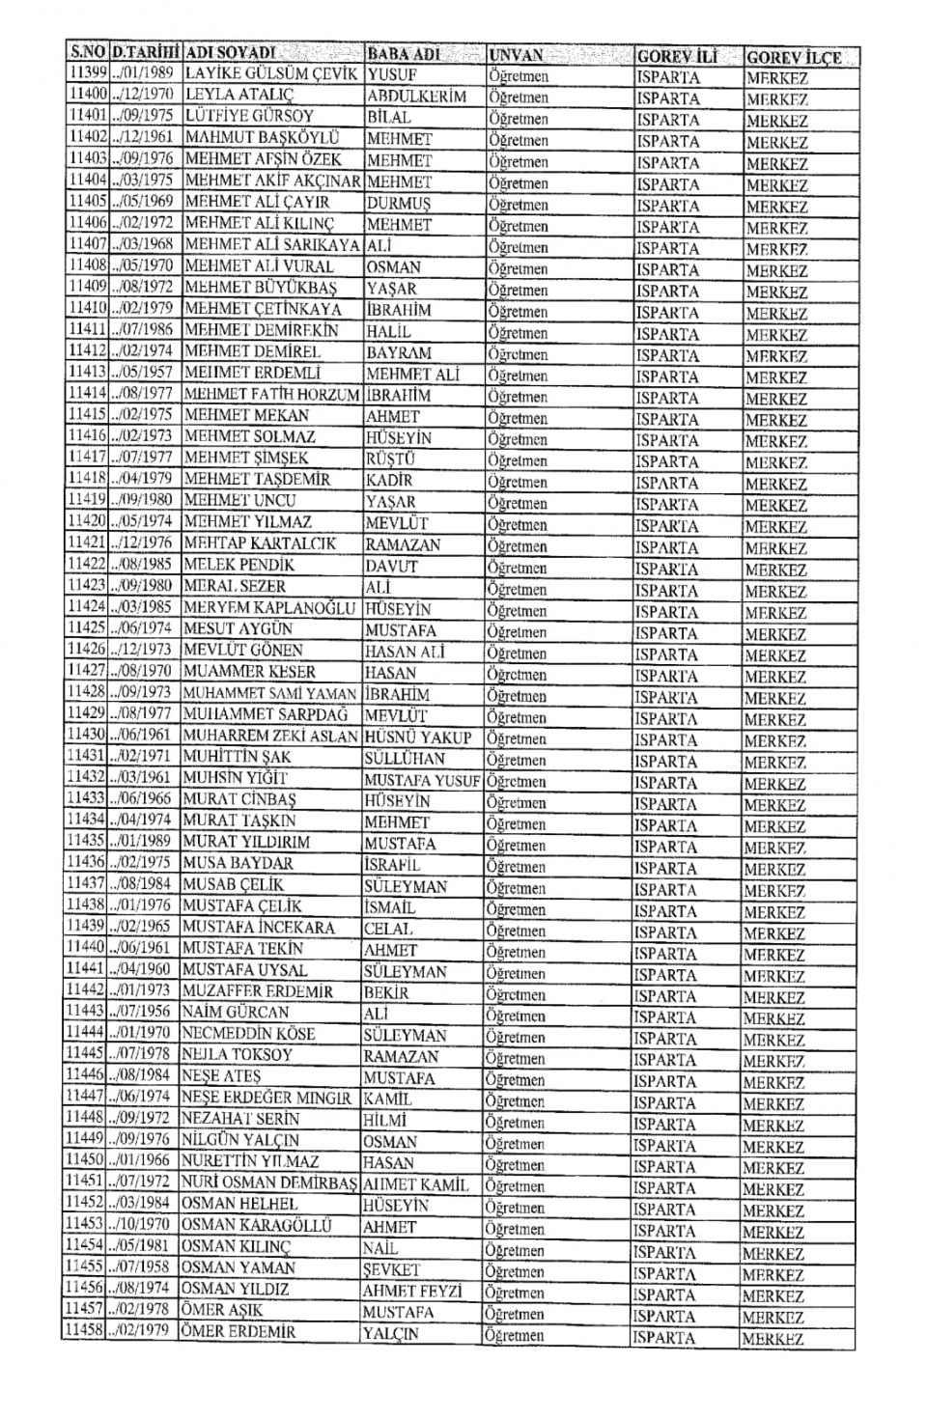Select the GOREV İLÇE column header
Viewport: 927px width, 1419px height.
coord(793,57)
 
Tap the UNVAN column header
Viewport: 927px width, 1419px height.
coord(516,55)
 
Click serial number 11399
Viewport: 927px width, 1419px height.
coord(87,73)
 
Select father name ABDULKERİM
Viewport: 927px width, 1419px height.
coord(416,97)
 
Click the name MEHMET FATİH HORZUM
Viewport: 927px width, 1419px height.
coord(271,394)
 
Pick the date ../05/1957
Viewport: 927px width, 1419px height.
coord(143,373)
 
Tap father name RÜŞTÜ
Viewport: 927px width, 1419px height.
coord(390,459)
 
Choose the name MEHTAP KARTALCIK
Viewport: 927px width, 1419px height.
coord(260,543)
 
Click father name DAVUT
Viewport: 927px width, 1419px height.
coord(391,566)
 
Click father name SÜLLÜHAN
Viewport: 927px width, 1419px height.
coord(405,759)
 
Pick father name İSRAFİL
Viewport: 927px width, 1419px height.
coord(392,865)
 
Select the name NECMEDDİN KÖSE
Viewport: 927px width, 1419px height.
coord(248,1034)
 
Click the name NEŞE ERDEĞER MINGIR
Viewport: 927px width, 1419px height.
coord(267,1098)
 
